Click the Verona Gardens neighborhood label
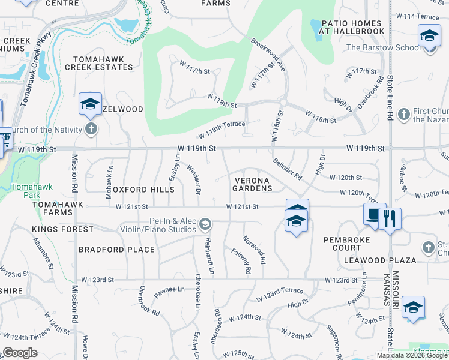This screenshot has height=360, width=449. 252,184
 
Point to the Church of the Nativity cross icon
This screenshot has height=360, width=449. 91,128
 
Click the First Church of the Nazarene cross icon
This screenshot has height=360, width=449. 403,113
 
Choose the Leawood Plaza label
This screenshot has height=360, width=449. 380,260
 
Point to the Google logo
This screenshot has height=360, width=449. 20,353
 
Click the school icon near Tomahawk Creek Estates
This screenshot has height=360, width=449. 90,104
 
